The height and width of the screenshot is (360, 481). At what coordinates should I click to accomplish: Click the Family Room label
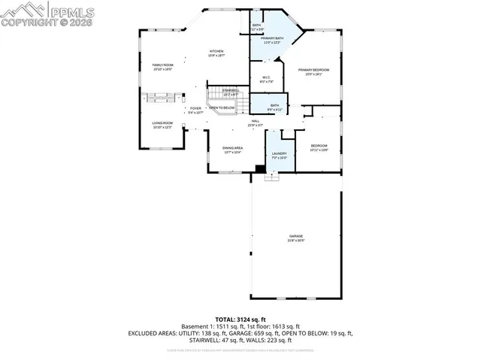pyautogui.click(x=163, y=65)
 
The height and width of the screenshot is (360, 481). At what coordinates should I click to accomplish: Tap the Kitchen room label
pyautogui.click(x=216, y=51)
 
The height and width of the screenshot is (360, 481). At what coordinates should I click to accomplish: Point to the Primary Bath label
pyautogui.click(x=271, y=38)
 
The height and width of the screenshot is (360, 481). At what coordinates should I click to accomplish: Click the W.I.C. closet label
pyautogui.click(x=266, y=77)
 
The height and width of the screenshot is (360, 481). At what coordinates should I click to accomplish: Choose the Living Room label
pyautogui.click(x=163, y=123)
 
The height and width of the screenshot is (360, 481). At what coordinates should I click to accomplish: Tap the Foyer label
pyautogui.click(x=195, y=109)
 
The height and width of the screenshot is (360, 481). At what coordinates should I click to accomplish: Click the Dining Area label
pyautogui.click(x=232, y=148)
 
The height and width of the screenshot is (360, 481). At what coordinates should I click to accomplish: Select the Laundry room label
pyautogui.click(x=279, y=154)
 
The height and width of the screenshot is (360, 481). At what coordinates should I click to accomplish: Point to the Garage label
pyautogui.click(x=296, y=237)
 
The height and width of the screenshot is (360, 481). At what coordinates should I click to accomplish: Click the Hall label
pyautogui.click(x=256, y=122)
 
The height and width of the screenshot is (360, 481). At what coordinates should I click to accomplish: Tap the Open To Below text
pyautogui.click(x=222, y=108)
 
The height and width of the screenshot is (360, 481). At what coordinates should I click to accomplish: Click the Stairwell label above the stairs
pyautogui.click(x=231, y=91)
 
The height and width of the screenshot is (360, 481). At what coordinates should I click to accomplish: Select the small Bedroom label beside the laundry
pyautogui.click(x=319, y=146)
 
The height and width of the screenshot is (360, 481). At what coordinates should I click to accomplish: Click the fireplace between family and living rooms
pyautogui.click(x=163, y=96)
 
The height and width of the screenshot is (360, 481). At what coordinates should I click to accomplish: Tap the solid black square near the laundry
pyautogui.click(x=260, y=169)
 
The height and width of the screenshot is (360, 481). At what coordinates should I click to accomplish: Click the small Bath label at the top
pyautogui.click(x=256, y=26)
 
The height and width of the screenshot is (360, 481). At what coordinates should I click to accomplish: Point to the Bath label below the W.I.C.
pyautogui.click(x=274, y=105)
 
